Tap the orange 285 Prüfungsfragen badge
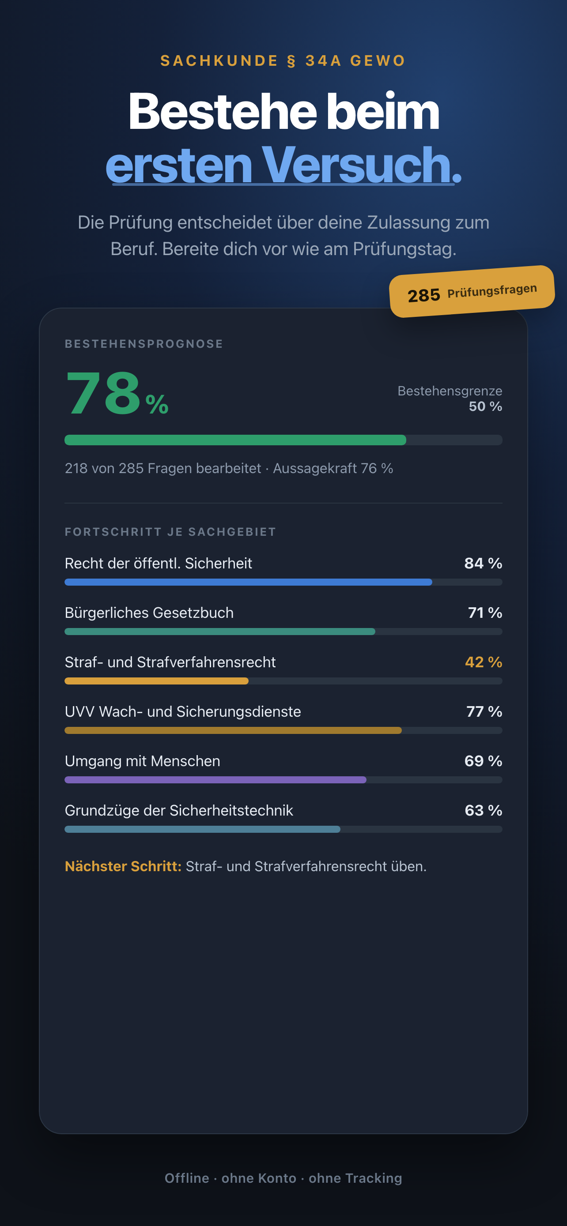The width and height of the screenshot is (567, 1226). (472, 291)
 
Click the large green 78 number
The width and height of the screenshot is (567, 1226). (103, 394)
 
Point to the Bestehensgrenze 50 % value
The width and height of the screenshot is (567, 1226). (485, 406)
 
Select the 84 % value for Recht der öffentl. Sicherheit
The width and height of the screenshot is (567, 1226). (483, 563)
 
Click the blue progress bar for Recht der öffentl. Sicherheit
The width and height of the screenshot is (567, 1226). (249, 582)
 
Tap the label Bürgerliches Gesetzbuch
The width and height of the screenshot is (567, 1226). (149, 613)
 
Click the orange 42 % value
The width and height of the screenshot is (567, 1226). (484, 662)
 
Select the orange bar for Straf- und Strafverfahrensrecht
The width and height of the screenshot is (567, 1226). (157, 681)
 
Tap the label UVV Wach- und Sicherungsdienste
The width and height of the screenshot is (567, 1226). (183, 711)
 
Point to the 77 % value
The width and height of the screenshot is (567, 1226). (484, 711)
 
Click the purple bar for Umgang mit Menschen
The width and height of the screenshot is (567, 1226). (215, 779)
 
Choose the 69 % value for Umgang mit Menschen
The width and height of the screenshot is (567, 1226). (483, 761)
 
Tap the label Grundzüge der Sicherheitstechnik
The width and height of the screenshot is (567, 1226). (179, 811)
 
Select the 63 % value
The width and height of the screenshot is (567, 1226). (484, 811)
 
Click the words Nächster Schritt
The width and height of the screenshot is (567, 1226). (123, 866)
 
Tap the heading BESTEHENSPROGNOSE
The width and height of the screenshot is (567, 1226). (144, 344)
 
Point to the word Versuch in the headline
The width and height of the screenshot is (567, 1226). (355, 165)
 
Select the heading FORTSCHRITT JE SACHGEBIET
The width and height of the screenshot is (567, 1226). (170, 532)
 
